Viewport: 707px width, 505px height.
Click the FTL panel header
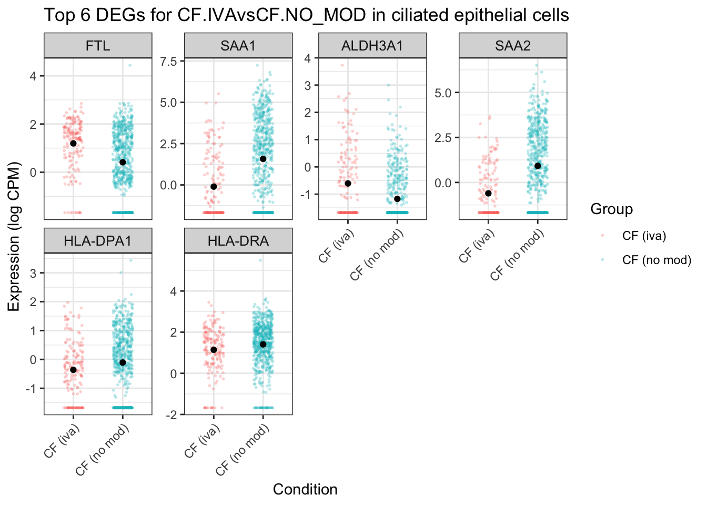98,46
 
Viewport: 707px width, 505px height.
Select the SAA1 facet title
238,46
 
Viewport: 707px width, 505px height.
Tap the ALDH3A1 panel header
372,46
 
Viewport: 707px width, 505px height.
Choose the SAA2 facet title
513,46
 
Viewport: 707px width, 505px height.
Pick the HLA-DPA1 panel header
98,241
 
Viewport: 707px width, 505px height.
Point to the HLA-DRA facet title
238,241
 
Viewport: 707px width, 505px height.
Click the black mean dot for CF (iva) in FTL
73,143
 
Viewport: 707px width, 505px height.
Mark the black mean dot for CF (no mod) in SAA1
263,159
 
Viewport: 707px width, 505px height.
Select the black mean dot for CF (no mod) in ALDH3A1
397,199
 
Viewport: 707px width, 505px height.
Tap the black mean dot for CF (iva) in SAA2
488,194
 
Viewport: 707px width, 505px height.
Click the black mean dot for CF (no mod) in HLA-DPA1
123,362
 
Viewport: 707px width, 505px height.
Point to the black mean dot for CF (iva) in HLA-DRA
214,350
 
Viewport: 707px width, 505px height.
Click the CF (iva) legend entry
643,236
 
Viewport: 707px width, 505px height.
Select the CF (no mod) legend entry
656,260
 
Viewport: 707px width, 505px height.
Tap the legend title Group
611,209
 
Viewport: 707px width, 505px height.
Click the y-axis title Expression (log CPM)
14,236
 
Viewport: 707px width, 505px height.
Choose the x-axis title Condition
305,490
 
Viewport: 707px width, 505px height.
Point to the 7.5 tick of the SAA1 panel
169,62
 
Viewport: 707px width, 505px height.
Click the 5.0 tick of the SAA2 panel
444,93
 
